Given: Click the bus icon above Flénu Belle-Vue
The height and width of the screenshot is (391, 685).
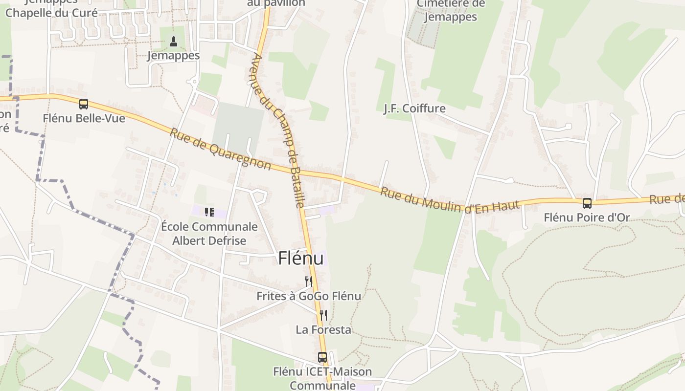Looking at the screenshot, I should [84, 104].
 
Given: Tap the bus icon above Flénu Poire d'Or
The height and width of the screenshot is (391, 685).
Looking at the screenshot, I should [587, 203].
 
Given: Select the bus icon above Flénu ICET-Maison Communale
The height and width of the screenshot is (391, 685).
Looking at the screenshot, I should [322, 357].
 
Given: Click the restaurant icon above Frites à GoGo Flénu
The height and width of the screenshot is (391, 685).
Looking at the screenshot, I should [308, 281].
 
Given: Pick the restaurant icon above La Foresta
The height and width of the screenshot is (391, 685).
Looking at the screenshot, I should [323, 315].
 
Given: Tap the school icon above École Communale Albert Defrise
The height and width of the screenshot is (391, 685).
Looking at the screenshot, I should [209, 212].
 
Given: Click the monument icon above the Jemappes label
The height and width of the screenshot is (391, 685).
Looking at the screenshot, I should [173, 42].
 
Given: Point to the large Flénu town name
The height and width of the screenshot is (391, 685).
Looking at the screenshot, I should [301, 258].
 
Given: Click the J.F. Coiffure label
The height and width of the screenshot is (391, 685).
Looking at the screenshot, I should [414, 108].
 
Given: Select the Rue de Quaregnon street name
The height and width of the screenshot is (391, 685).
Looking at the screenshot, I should [220, 149].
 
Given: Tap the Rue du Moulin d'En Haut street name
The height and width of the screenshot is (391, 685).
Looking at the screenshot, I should [449, 200].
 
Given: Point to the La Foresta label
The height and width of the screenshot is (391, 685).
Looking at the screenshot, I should [323, 329].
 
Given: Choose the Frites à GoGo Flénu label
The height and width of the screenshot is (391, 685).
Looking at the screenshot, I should [309, 296].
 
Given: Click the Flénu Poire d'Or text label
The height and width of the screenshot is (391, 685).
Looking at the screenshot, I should [587, 217].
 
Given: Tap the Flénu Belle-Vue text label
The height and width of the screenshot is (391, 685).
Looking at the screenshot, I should [84, 118].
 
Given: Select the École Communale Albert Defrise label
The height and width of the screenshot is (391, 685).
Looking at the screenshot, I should [209, 234].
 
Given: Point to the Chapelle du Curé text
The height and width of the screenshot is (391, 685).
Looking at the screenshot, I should [51, 13].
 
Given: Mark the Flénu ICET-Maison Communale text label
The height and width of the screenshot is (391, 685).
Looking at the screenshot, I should [322, 378].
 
